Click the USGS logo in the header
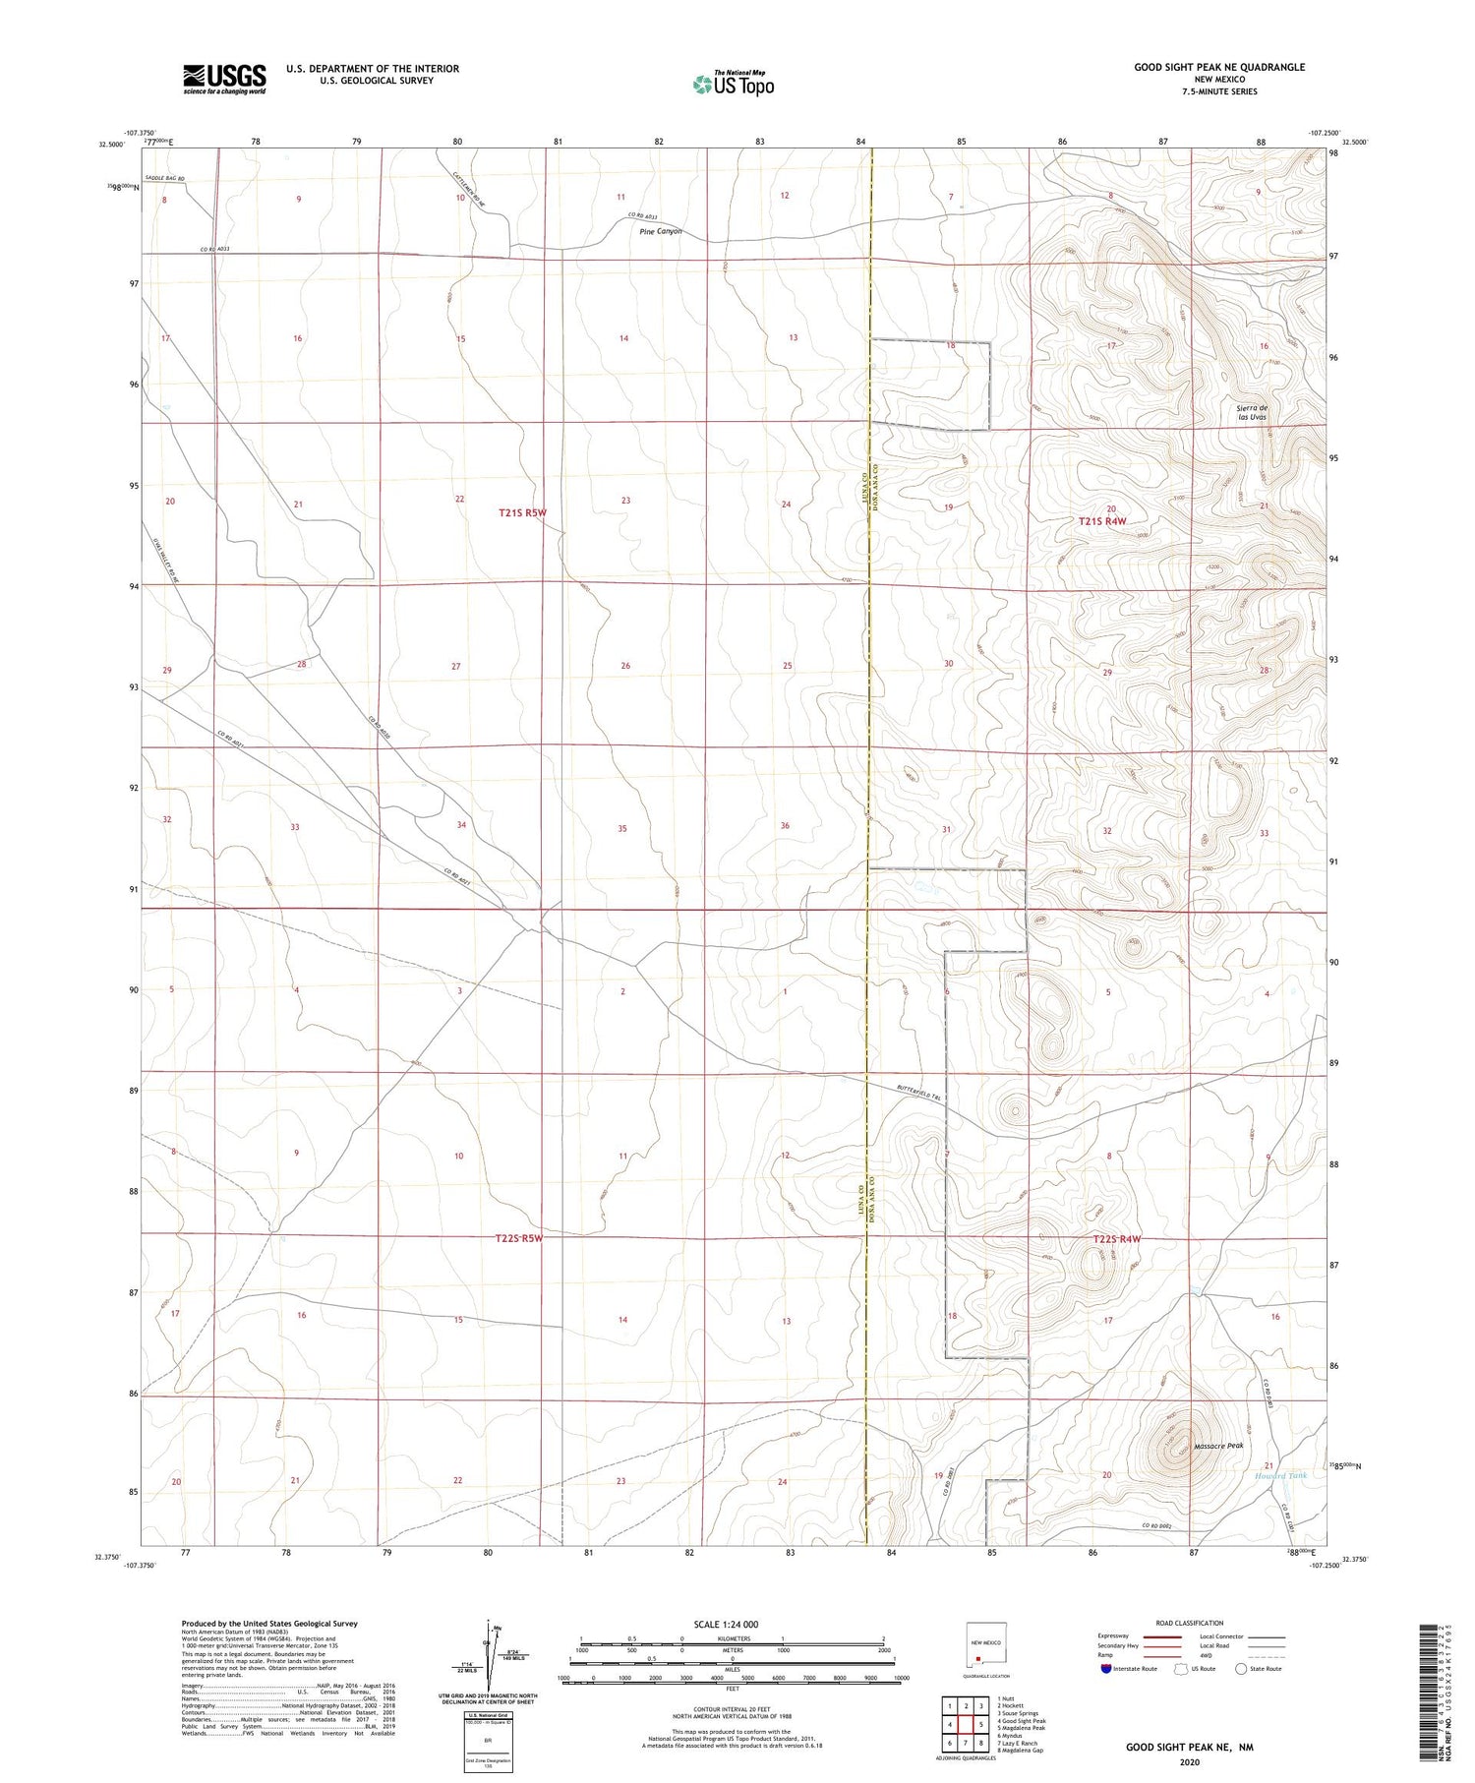224,79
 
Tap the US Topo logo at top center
733,85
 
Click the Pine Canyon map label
660,232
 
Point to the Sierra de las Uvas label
1252,412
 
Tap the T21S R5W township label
522,512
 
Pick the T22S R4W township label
1116,1239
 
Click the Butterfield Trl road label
919,1091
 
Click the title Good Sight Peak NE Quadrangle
1219,67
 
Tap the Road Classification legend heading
1190,1623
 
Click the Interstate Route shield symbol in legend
1106,1669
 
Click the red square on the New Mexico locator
978,1656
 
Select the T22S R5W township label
519,1238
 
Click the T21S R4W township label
1101,522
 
